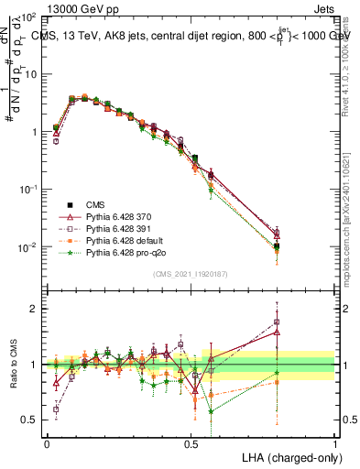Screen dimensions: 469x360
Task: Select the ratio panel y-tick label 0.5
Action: (x=32, y=420)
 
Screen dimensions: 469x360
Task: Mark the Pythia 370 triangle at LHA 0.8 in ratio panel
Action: (x=277, y=333)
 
